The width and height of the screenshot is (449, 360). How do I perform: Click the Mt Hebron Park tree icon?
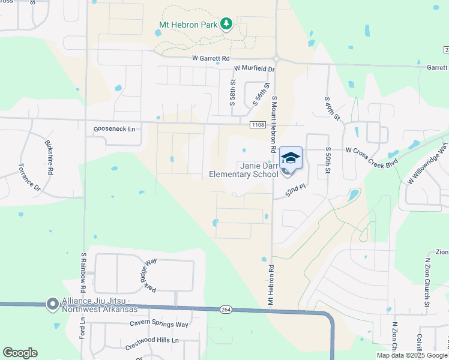226,24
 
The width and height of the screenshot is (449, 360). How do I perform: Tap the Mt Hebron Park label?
188,25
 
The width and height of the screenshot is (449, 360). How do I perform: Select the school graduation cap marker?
291,158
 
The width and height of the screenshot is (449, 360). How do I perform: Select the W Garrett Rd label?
211,58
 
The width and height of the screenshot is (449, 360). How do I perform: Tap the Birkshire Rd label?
49,157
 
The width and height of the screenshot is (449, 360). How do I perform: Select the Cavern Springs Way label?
159,325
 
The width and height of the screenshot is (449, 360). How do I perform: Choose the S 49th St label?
331,107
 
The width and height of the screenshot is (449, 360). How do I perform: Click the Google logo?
20,352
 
